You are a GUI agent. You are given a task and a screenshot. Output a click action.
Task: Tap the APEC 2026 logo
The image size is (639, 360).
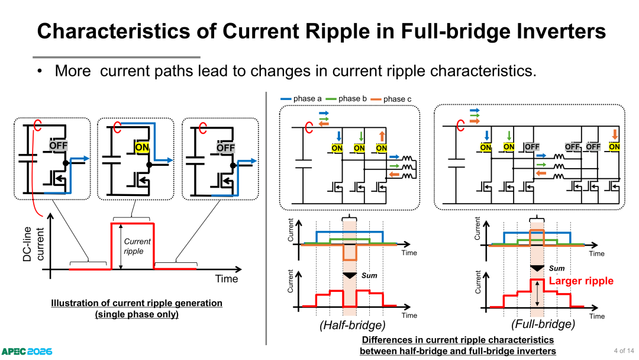click(x=27, y=352)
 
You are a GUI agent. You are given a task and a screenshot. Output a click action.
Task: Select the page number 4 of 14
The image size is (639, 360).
click(x=624, y=351)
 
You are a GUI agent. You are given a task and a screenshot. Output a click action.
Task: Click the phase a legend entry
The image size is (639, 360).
click(x=301, y=99)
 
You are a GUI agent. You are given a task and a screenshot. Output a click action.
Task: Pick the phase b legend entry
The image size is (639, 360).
click(x=346, y=99)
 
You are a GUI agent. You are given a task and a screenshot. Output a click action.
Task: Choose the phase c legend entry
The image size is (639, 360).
click(x=391, y=99)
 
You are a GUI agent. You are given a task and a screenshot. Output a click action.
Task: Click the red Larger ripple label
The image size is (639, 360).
click(x=581, y=281)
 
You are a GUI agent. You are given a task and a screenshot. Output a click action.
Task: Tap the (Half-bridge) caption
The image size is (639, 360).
click(x=353, y=325)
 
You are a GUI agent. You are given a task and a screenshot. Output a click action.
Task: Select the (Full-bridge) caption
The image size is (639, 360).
click(x=543, y=324)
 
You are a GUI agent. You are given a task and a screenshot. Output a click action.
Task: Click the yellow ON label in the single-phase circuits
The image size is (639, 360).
click(x=142, y=147)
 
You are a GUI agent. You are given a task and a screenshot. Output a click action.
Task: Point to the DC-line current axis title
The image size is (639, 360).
click(x=33, y=244)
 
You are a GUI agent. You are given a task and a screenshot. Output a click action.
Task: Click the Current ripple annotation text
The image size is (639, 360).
click(x=137, y=246)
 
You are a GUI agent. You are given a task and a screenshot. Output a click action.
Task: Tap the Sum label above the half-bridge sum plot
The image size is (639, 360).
click(x=369, y=275)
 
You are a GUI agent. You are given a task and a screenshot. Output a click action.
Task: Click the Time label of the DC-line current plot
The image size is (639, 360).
click(x=227, y=279)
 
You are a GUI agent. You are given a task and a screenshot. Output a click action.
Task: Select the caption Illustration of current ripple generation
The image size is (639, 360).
click(x=137, y=303)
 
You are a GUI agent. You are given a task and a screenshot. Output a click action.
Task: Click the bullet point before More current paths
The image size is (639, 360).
click(x=40, y=71)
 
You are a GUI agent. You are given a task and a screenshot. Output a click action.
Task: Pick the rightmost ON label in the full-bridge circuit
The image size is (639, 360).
click(x=614, y=147)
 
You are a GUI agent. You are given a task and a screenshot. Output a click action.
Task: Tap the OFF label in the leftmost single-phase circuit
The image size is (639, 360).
click(x=58, y=146)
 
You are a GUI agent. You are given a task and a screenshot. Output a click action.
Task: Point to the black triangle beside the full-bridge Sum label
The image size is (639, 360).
click(x=537, y=268)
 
